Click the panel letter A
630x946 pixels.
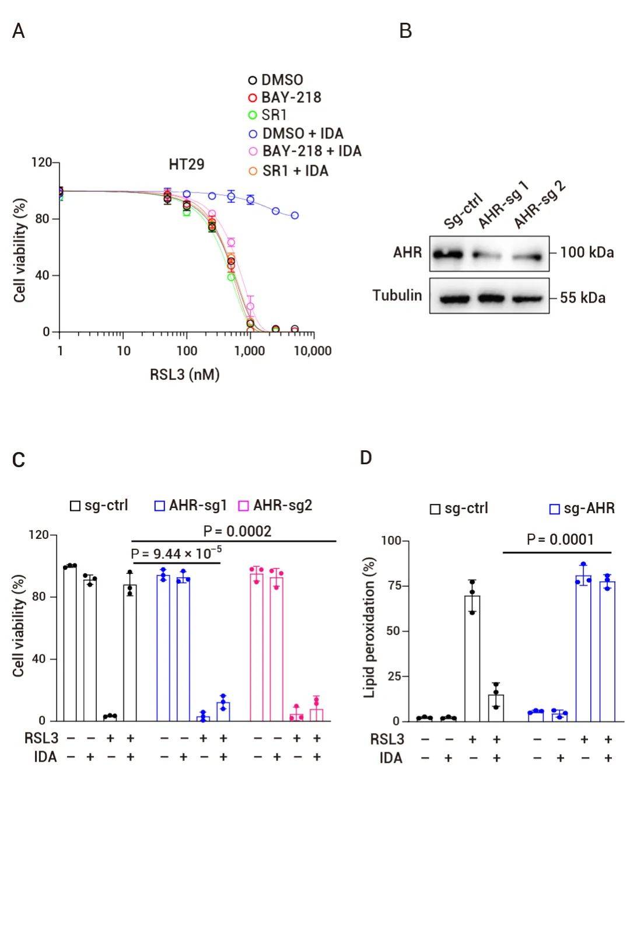[x=19, y=31]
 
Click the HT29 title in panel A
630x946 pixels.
[x=187, y=164]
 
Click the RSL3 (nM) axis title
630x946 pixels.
[x=184, y=374]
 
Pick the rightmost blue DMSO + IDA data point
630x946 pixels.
[x=295, y=215]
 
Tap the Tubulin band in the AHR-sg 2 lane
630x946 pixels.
[x=528, y=299]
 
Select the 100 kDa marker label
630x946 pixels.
[x=587, y=253]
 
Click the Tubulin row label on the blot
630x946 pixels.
[x=397, y=296]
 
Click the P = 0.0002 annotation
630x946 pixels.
[x=237, y=531]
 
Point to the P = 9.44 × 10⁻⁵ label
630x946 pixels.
[x=176, y=553]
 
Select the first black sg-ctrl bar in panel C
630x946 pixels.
[x=70, y=643]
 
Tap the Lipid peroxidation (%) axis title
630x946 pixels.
[x=369, y=628]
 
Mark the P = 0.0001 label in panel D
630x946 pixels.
[x=560, y=539]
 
